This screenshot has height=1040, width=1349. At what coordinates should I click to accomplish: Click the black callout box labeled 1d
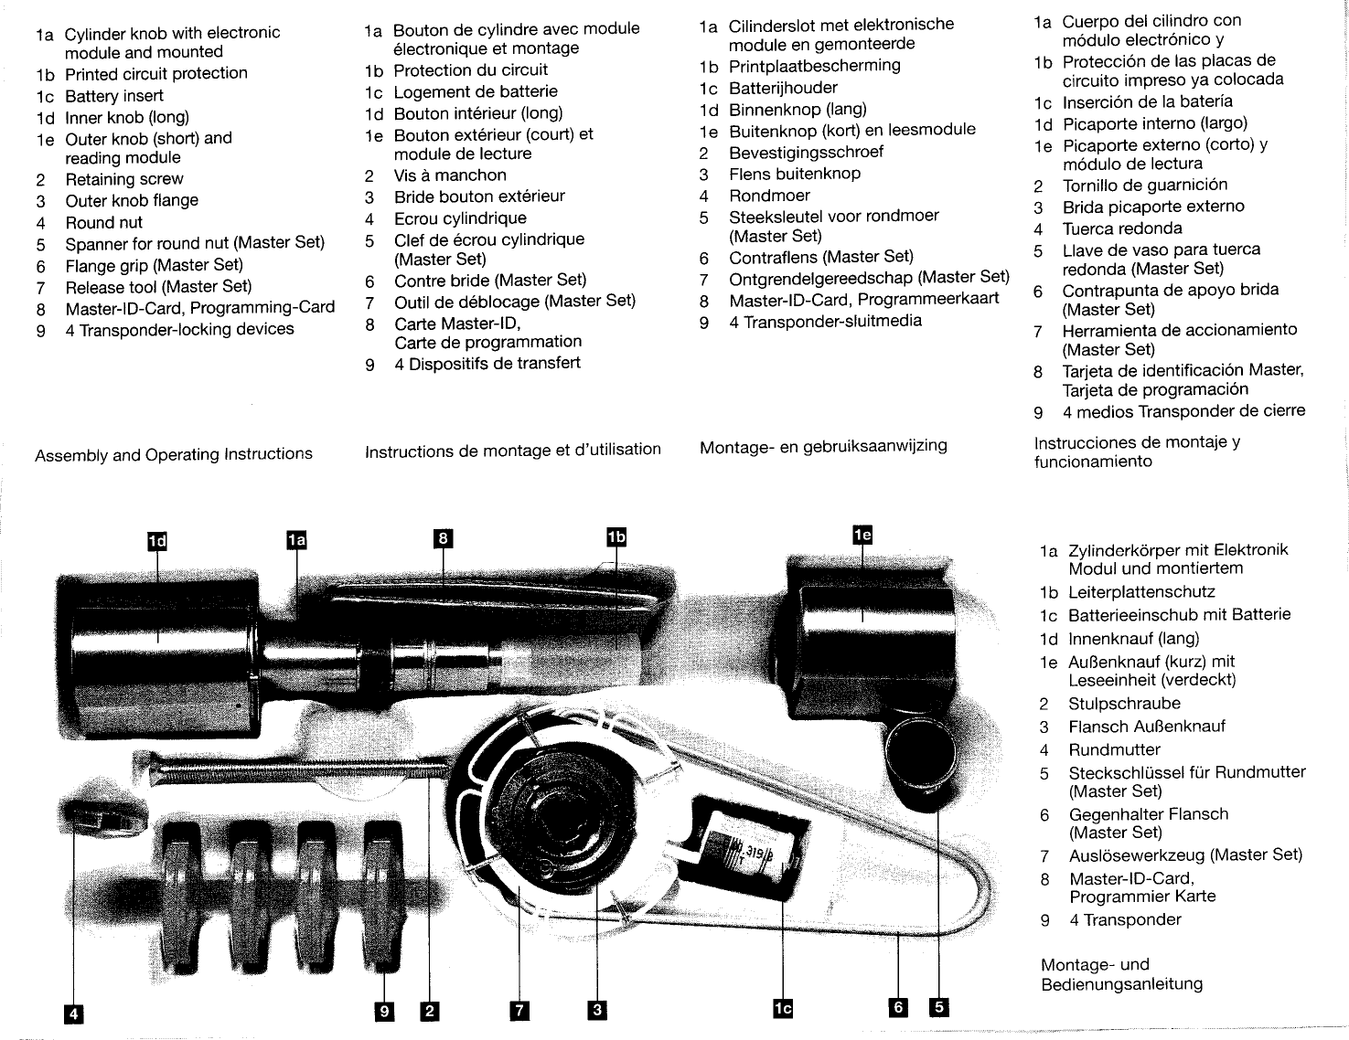pos(158,541)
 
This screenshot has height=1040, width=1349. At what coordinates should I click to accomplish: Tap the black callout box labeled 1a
pos(295,541)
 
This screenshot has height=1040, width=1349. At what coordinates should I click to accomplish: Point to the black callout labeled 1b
pos(616,537)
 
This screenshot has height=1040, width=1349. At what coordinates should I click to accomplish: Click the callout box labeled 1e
pos(862,536)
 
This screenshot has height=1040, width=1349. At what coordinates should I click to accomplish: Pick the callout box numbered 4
pos(73,1013)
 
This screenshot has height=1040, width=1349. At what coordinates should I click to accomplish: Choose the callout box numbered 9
pos(385,1011)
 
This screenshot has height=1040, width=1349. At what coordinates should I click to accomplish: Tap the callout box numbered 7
pos(519,1010)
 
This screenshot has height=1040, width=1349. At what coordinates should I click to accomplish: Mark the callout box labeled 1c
pos(783,1008)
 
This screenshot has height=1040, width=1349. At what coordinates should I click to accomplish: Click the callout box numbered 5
pos(938,1007)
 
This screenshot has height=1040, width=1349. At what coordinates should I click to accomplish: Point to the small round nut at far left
pos(103,810)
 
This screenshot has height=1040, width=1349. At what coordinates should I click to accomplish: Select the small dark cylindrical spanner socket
pos(919,755)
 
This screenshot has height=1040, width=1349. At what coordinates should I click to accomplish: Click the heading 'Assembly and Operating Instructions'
pos(174,454)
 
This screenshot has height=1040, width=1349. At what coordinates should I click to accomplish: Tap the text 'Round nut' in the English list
pos(104,222)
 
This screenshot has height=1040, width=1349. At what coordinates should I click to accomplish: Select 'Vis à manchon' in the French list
pos(450,175)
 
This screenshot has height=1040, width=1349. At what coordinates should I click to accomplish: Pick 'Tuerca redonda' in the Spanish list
pos(1122,228)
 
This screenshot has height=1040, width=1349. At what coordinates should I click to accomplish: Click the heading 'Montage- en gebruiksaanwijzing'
pos(823,446)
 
